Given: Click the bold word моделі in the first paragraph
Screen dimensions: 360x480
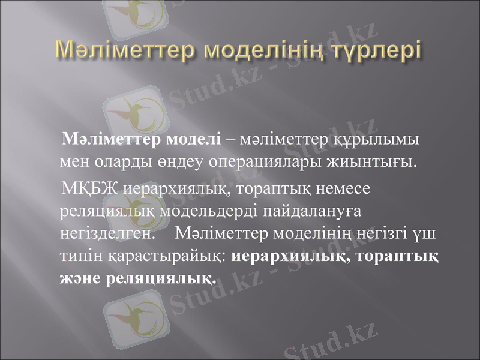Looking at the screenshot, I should [199, 140].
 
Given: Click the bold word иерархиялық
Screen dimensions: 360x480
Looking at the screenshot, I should [288, 255].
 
